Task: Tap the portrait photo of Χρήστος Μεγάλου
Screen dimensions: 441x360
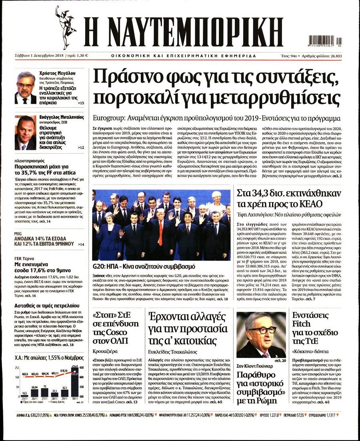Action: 25,87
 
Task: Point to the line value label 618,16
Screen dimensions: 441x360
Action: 64,371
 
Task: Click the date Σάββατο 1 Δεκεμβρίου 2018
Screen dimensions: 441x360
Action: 36,56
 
